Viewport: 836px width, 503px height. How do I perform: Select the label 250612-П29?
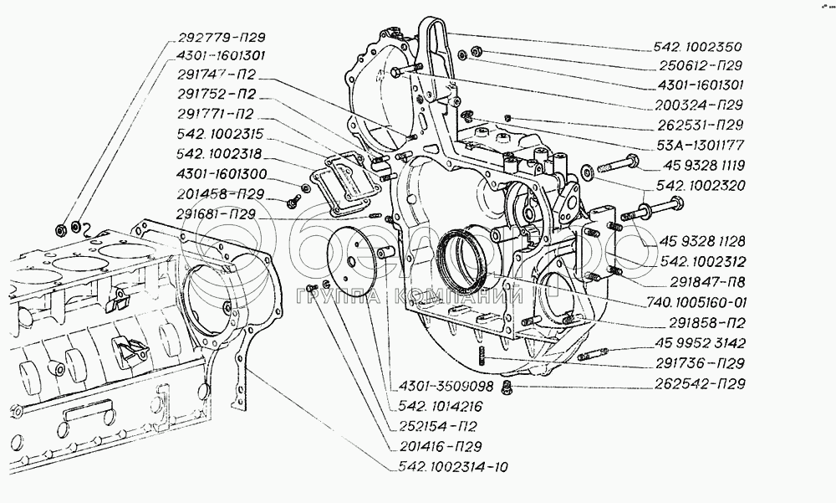coord(701,65)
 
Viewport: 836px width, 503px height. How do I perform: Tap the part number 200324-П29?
coord(701,105)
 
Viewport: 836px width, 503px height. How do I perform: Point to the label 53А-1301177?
coord(701,145)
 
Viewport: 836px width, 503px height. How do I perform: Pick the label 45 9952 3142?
coord(701,344)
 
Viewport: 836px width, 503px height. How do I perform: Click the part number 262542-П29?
coord(701,384)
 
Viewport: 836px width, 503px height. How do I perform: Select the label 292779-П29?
coord(222,38)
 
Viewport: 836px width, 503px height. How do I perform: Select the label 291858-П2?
coord(701,322)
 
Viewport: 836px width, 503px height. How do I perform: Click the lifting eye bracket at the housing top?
coord(434,42)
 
